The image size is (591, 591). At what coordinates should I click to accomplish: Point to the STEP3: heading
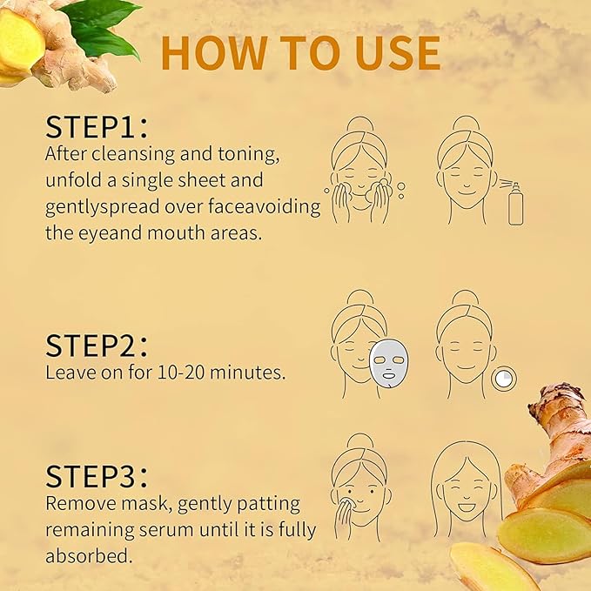[97, 476]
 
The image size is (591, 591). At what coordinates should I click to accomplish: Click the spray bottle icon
[514, 205]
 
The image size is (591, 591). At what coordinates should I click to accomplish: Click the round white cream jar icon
[503, 378]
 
